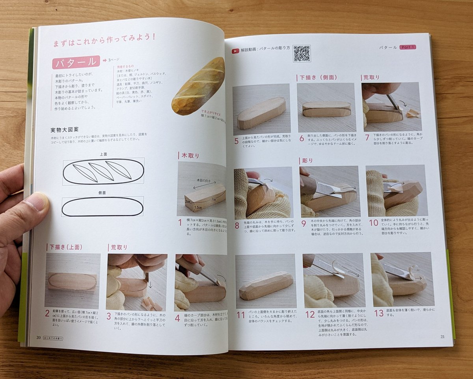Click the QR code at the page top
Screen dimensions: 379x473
click(x=302, y=54)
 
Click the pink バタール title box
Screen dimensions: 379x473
click(x=76, y=62)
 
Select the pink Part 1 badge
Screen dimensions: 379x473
click(x=408, y=47)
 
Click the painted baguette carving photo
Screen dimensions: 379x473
click(x=199, y=86)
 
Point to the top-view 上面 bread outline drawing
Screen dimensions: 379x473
click(x=103, y=171)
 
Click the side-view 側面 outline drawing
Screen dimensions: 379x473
click(x=102, y=206)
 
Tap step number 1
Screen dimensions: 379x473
click(x=180, y=222)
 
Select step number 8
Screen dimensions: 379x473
click(x=237, y=226)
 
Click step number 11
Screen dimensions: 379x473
click(x=240, y=315)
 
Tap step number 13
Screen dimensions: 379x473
click(x=378, y=313)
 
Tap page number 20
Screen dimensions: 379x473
click(x=38, y=338)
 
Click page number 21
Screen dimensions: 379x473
click(x=442, y=336)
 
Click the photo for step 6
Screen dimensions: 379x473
click(x=326, y=107)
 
